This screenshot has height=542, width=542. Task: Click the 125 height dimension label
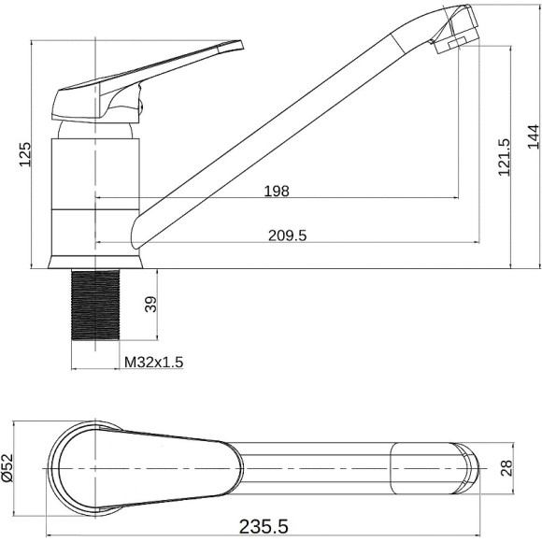click(x=24, y=154)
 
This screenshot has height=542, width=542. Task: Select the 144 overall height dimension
click(x=533, y=136)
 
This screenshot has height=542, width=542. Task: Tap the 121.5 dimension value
click(x=504, y=157)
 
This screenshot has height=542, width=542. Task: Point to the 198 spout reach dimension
click(x=277, y=191)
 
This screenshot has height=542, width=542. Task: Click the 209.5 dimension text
click(x=287, y=235)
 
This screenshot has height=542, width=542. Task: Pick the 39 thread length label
click(x=150, y=305)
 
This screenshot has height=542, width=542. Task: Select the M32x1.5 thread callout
click(x=153, y=363)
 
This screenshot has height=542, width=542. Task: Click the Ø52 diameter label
click(x=7, y=467)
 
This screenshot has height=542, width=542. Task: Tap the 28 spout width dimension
click(x=506, y=468)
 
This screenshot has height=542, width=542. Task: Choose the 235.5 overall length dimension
click(x=264, y=527)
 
